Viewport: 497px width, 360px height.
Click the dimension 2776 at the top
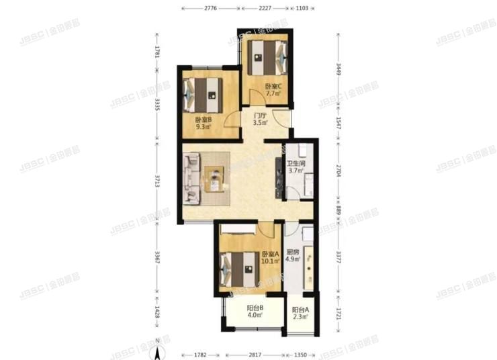210,9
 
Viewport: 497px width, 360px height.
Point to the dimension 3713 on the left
157,181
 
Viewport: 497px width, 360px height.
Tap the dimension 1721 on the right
340,312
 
